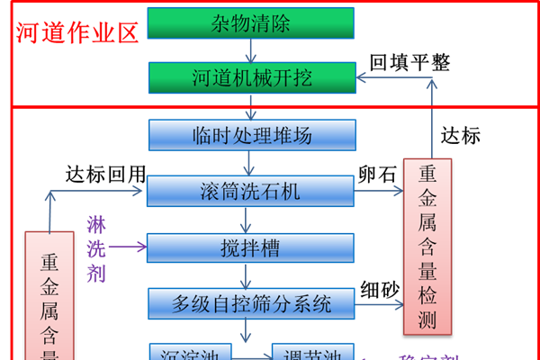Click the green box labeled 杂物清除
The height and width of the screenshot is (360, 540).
pyautogui.click(x=250, y=23)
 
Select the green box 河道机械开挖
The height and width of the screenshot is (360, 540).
pyautogui.click(x=250, y=78)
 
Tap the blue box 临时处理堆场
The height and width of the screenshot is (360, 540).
pyautogui.click(x=251, y=135)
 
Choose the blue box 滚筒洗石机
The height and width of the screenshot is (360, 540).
pyautogui.click(x=250, y=191)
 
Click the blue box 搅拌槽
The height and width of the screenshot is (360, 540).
pyautogui.click(x=250, y=247)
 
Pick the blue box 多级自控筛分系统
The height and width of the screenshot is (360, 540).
pyautogui.click(x=251, y=302)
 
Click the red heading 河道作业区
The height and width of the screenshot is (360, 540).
pyautogui.click(x=77, y=33)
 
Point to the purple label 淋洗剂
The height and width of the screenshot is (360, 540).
pyautogui.click(x=96, y=247)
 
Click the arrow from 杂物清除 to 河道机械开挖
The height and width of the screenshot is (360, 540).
pyautogui.click(x=251, y=51)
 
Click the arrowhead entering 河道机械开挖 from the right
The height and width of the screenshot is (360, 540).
pyautogui.click(x=363, y=79)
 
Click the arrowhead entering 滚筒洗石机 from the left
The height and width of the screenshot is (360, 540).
pyautogui.click(x=139, y=191)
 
